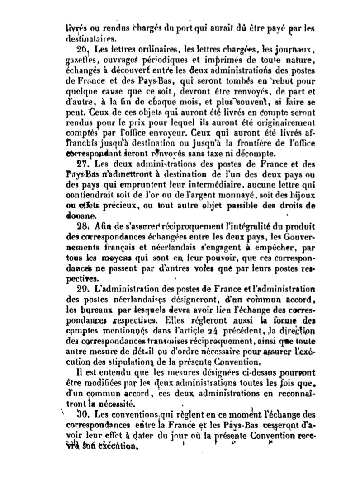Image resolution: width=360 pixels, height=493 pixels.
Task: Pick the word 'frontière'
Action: click(x=248, y=144)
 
